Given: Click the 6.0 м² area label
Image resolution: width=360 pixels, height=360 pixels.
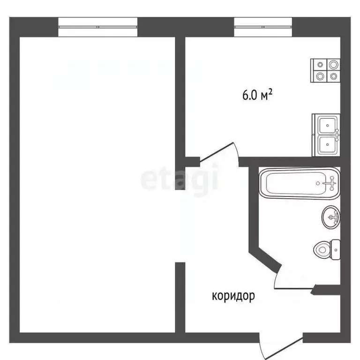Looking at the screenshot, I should point(257,96).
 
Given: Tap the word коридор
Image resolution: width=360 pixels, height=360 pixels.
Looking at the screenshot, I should point(233,296).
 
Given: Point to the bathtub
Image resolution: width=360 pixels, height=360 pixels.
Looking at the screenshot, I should point(299,183).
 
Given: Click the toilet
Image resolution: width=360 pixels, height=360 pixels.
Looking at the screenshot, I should point(328,249).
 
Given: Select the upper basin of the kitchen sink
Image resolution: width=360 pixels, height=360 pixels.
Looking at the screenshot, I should point(326,126).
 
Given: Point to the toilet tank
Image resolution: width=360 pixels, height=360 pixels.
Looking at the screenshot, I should point(335,250).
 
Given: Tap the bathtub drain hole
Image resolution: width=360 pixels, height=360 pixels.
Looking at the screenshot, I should point(319,183).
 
